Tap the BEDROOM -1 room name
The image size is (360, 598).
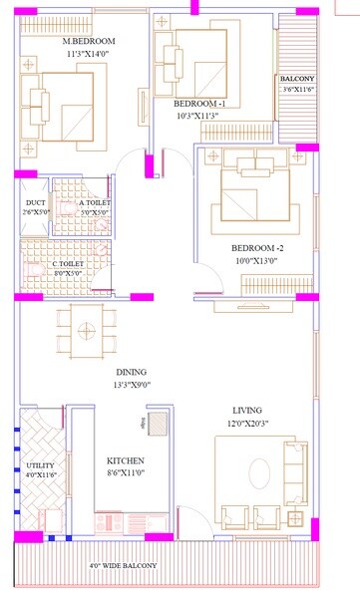200,103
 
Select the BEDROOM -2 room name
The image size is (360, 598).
258,247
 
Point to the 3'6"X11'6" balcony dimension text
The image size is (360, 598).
298,90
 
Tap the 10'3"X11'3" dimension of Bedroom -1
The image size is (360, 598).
200,115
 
